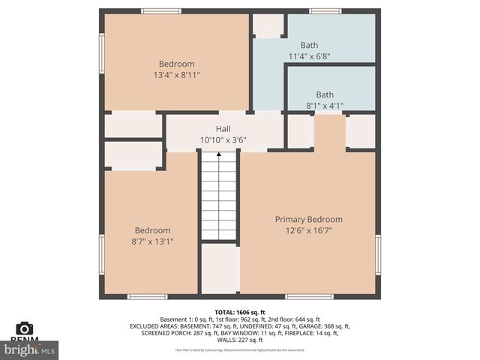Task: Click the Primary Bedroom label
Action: point(308,219)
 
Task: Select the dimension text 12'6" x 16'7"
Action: point(308,230)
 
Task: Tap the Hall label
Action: point(223,129)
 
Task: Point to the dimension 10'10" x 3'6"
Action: point(223,140)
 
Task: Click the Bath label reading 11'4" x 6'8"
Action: point(309,45)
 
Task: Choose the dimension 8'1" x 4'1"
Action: point(325,106)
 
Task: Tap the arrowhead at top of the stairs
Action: point(219,154)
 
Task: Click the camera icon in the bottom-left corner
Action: point(24,328)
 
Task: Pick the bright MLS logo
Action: point(30,349)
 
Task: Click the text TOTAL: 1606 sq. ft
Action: point(240,311)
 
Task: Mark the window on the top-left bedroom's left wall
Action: point(101,53)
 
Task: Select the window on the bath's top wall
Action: point(325,11)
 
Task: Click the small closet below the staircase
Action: point(219,268)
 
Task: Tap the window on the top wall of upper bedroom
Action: point(161,11)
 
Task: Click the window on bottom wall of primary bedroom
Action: point(309,296)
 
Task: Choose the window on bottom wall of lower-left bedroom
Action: point(147,296)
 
